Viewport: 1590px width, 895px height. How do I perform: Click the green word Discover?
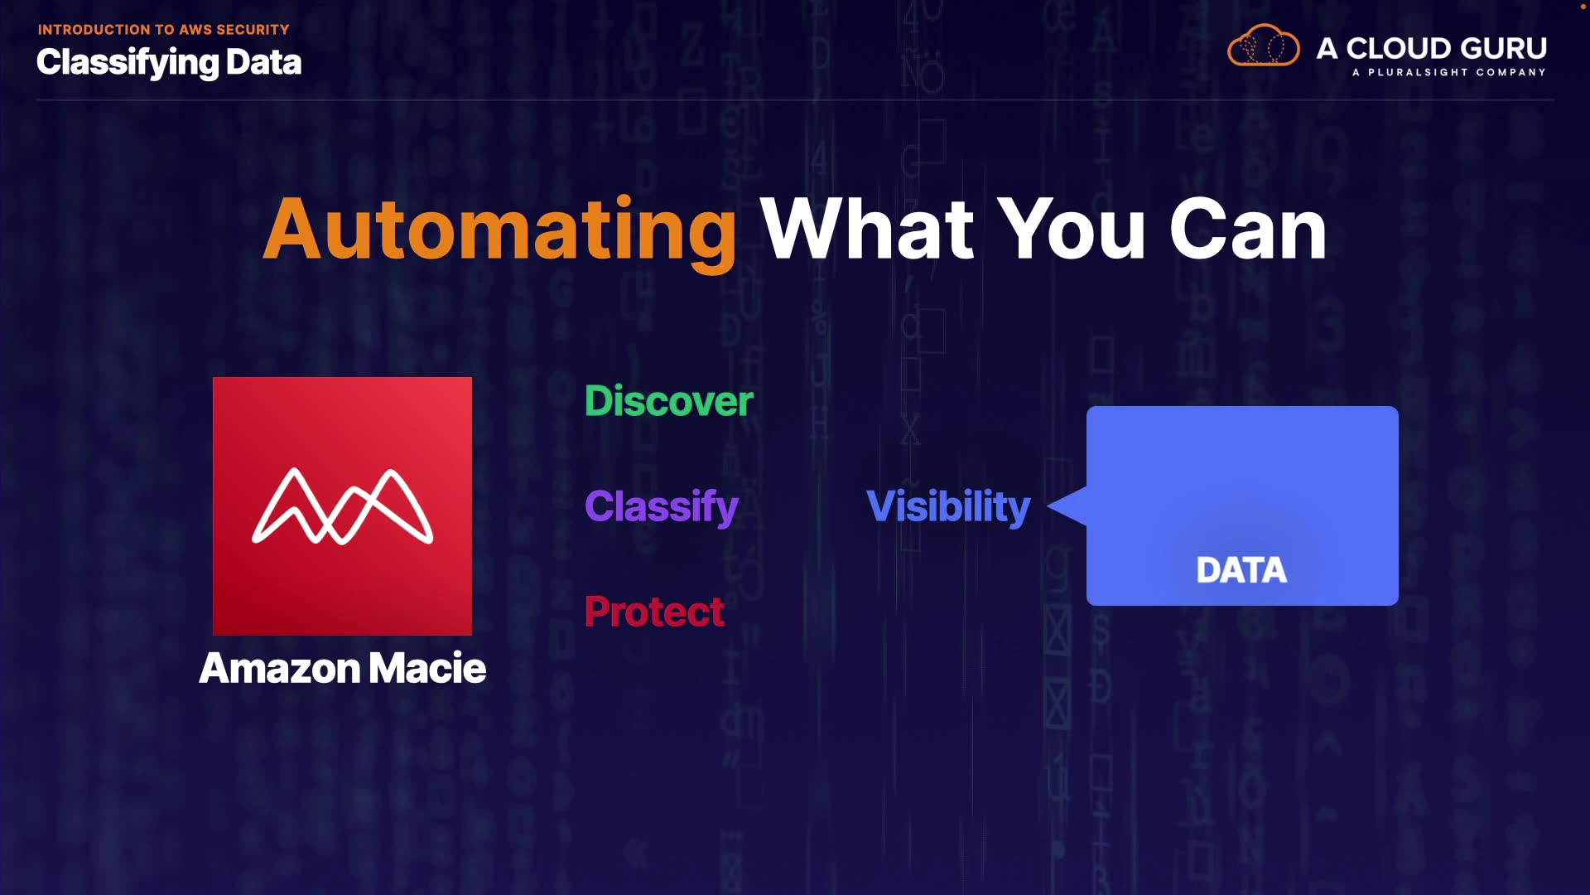[x=669, y=401]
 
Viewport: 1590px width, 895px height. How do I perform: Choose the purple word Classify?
[x=662, y=507]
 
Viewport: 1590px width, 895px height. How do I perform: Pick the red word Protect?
[x=654, y=612]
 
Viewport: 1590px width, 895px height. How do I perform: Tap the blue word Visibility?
[x=948, y=507]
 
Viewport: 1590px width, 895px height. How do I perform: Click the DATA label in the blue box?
[x=1241, y=570]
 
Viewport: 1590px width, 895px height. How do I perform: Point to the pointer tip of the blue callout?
[x=1048, y=506]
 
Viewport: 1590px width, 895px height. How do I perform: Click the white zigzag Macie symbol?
[x=342, y=506]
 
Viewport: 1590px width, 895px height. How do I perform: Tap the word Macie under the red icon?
[x=427, y=668]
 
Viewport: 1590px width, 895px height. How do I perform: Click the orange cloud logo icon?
[x=1263, y=46]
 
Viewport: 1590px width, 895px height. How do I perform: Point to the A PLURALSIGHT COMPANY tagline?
[x=1449, y=73]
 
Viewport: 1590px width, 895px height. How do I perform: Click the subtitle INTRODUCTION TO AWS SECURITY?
[x=163, y=30]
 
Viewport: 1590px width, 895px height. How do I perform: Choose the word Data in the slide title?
[x=263, y=62]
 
